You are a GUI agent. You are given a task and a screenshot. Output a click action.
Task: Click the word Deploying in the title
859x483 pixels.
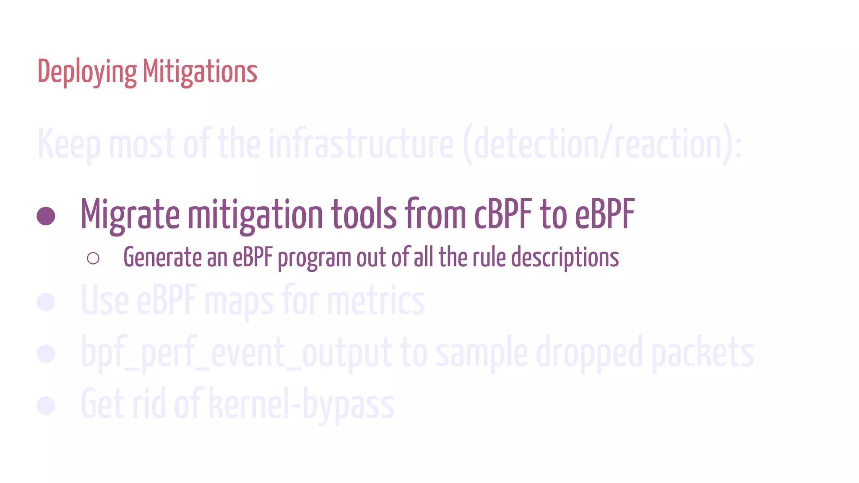point(87,72)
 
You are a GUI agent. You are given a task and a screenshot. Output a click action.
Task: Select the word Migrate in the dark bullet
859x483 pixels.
point(130,215)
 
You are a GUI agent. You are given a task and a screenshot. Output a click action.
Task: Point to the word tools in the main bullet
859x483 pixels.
point(364,215)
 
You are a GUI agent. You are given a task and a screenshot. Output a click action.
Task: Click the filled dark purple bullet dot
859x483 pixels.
point(46,216)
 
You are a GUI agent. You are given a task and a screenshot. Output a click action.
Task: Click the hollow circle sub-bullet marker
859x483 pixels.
point(93,258)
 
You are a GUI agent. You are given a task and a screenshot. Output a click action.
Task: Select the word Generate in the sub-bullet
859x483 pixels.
point(162,257)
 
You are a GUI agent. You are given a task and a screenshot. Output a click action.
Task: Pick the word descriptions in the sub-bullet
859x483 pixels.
point(565,257)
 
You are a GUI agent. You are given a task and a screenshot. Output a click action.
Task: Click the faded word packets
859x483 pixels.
point(703,353)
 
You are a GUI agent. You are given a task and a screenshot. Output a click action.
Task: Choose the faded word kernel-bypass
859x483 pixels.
point(301,405)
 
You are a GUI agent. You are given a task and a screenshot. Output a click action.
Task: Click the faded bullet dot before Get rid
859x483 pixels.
point(46,405)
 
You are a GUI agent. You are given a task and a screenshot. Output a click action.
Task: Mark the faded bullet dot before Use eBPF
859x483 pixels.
point(46,302)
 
